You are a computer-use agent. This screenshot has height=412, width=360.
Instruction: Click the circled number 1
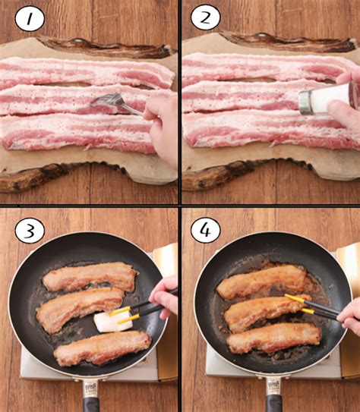[x=30, y=18]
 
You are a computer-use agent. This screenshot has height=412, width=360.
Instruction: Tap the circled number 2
[x=205, y=17]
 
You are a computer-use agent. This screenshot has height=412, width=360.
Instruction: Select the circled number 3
[x=30, y=231]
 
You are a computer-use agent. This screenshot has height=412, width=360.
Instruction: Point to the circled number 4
[x=205, y=231]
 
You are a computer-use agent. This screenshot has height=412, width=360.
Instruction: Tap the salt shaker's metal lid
[x=305, y=102]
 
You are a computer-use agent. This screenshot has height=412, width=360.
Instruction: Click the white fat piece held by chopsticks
[x=114, y=322]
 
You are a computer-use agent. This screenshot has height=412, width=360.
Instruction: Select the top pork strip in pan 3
[x=90, y=276]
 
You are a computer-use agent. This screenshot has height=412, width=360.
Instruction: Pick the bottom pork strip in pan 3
[x=103, y=348]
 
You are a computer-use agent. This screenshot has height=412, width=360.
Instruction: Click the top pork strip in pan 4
[x=262, y=281]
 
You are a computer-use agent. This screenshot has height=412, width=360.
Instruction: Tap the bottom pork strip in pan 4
[x=273, y=338]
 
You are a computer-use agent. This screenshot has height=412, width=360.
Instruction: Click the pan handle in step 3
[x=90, y=397]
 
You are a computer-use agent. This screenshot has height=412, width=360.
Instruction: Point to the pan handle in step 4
[x=273, y=397]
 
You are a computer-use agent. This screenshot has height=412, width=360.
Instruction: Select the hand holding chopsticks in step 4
[x=349, y=316]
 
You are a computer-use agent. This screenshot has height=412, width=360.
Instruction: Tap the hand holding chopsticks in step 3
[x=165, y=297]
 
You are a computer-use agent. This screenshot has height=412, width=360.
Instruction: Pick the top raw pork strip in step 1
[x=87, y=72]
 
